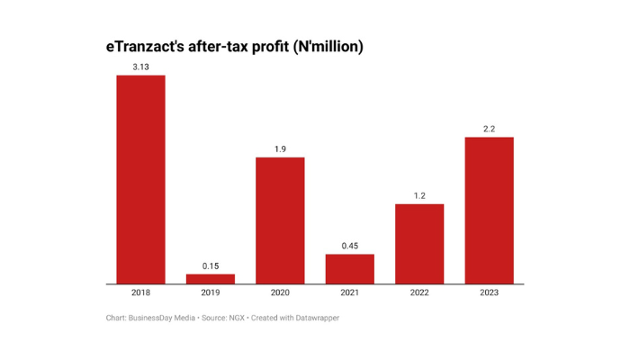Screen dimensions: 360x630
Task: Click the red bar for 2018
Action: coord(140,179)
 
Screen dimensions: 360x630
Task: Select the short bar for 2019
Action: coord(210,279)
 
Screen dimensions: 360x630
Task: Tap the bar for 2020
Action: coord(280,220)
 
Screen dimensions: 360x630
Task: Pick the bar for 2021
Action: coord(349,269)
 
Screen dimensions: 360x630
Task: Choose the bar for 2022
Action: coord(419,244)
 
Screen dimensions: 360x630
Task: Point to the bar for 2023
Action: coord(489,211)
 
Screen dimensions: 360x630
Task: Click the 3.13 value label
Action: coord(140,67)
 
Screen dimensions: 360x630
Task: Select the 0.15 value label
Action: coord(210,265)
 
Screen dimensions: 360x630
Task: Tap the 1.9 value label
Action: coord(280,148)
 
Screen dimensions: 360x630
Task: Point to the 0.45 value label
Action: coord(349,246)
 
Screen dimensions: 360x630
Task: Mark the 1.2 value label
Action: coord(419,195)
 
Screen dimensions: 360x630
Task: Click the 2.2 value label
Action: coord(489,129)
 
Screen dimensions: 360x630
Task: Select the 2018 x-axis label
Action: coord(140,292)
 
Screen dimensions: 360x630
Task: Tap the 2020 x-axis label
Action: coord(280,292)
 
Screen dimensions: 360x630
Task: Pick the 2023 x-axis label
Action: coord(489,292)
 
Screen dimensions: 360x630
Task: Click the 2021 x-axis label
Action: coord(349,292)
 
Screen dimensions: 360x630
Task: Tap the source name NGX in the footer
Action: coord(236,318)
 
